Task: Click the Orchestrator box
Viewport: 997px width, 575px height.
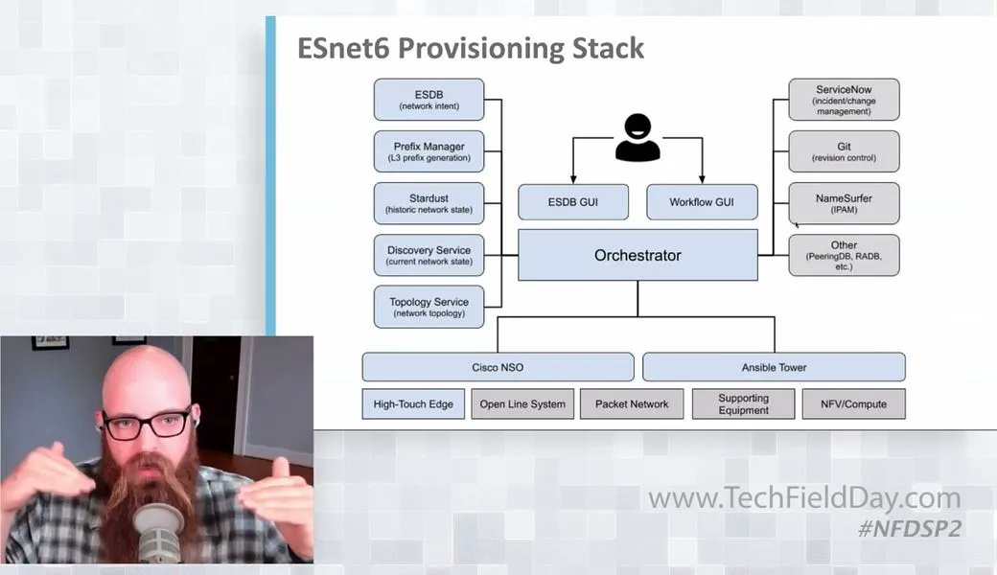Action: coord(638,255)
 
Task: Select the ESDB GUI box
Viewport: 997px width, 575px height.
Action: coord(573,202)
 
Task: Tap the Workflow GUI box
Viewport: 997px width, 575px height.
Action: coord(702,202)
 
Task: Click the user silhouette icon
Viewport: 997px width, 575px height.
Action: coord(638,138)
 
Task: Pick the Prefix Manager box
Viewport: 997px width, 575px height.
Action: coord(429,151)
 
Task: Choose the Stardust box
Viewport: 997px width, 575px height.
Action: coord(429,203)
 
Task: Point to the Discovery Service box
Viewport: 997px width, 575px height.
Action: coord(429,255)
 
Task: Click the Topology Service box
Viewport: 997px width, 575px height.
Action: coord(429,307)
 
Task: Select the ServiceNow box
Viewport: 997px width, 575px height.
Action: coord(844,100)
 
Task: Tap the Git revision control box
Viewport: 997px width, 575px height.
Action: coord(844,151)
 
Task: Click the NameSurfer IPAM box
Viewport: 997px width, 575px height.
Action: coord(844,203)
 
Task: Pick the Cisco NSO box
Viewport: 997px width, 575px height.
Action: coord(498,367)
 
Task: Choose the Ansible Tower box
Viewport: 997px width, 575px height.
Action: coord(774,367)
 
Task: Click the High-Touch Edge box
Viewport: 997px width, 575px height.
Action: coord(414,403)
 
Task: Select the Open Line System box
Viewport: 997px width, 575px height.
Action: coord(522,403)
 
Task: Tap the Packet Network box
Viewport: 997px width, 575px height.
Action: coord(632,403)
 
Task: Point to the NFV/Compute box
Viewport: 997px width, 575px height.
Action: coord(853,403)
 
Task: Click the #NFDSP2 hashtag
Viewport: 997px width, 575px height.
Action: coord(910,529)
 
